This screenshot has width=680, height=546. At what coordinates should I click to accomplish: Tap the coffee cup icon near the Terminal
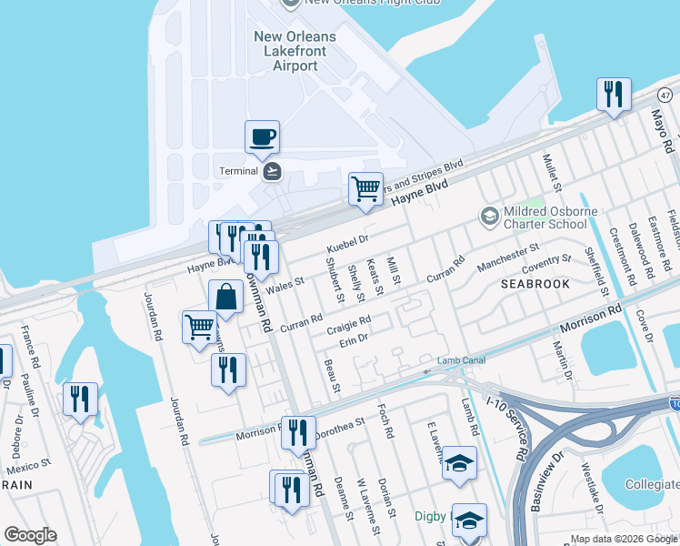click(x=262, y=137)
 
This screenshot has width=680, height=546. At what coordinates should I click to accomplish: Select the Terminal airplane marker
click(x=271, y=171)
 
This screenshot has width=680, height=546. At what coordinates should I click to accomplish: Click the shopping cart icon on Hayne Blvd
click(x=365, y=189)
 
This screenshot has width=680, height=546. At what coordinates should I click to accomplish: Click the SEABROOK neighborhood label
click(x=534, y=285)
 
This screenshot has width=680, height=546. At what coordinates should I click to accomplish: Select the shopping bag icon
click(x=225, y=298)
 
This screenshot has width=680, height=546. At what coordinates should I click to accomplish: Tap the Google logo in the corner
click(x=30, y=534)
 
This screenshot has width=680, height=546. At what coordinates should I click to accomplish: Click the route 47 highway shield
click(x=665, y=95)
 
